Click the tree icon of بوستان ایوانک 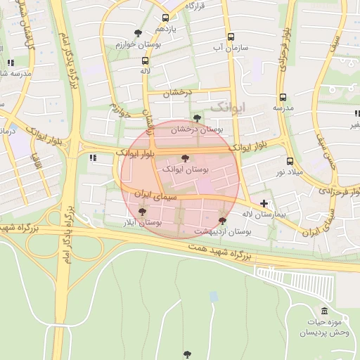click(185, 159)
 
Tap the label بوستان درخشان click(197, 129)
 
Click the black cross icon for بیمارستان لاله click(264, 204)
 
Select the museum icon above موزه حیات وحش click(324, 311)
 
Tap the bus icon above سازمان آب click(231, 37)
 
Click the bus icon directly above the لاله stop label click(145, 61)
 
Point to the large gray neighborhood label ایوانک click(229, 106)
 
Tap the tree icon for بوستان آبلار click(143, 211)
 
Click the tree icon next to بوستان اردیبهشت click(223, 220)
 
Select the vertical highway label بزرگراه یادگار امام click(72, 60)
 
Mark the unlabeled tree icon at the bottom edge click(186, 354)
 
